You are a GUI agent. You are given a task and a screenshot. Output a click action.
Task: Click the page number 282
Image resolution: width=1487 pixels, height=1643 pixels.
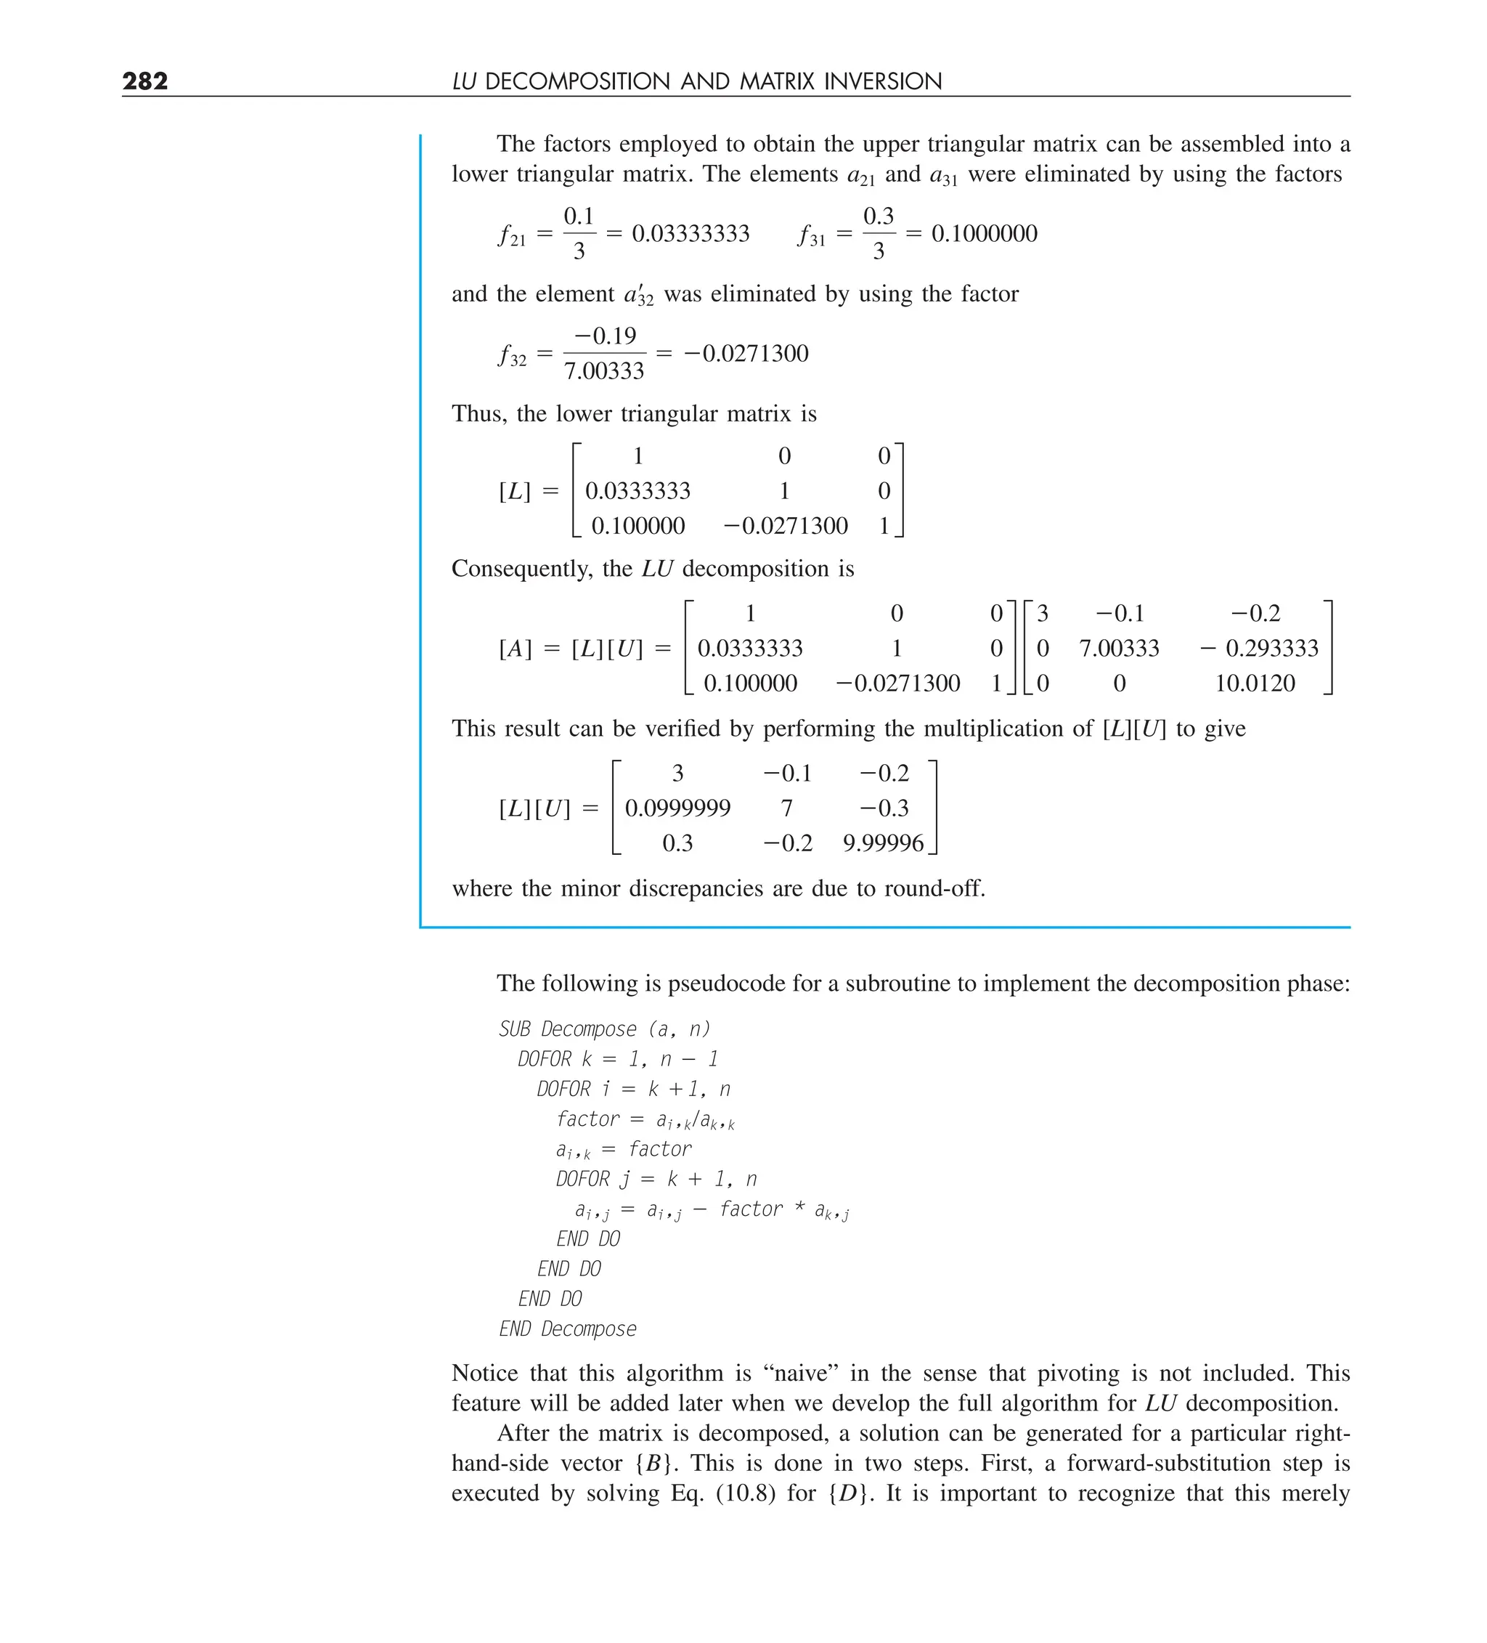(x=145, y=81)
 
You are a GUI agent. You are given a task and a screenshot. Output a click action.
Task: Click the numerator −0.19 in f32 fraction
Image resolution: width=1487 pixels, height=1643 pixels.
(x=605, y=336)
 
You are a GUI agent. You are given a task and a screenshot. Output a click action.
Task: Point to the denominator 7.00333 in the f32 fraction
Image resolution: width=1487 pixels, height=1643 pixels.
(x=604, y=372)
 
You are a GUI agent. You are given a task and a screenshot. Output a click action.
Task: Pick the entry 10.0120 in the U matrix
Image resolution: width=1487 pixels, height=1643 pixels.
(x=1254, y=683)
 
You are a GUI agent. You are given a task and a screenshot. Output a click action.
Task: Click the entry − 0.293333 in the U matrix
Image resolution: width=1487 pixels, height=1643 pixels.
(x=1259, y=648)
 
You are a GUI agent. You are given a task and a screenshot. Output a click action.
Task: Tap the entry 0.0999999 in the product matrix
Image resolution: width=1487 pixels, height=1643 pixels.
(x=677, y=808)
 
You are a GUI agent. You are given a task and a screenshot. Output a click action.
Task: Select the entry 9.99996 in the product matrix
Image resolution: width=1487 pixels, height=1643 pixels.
(x=883, y=843)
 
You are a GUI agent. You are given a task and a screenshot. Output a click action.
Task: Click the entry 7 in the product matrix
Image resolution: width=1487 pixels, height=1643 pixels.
(x=786, y=808)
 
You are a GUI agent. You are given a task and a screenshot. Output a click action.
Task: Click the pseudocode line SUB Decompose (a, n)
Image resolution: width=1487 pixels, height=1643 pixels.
(x=604, y=1029)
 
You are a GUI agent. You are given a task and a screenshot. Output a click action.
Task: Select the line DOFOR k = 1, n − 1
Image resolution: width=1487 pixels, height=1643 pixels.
(x=618, y=1060)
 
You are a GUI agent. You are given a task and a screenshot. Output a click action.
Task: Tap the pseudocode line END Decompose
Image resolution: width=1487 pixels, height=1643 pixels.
(x=567, y=1328)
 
